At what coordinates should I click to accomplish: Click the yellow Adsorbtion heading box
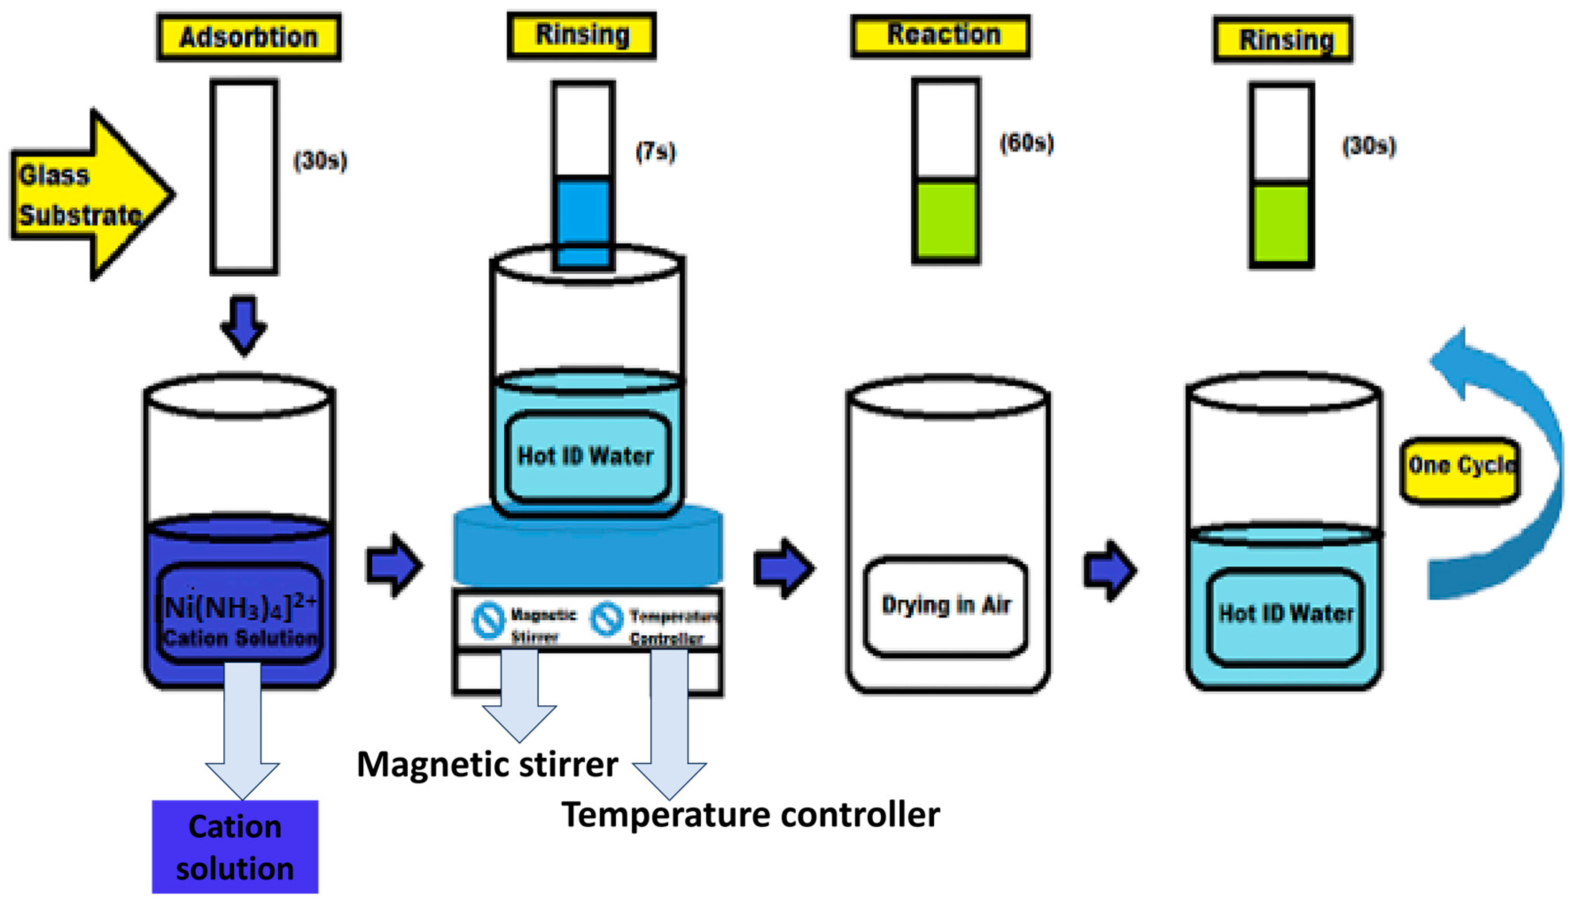[249, 38]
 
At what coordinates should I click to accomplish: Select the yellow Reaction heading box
[940, 36]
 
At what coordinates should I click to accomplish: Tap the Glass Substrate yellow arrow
[87, 194]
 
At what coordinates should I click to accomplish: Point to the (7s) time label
[655, 152]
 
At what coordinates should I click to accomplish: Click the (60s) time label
[1026, 143]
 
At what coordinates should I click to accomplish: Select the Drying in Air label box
[945, 606]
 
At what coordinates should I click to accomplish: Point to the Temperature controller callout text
[750, 814]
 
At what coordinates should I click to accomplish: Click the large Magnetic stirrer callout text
[487, 763]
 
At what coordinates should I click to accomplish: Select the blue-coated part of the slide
[583, 222]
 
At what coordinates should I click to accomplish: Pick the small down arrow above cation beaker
[244, 325]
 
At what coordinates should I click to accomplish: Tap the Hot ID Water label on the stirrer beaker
[586, 456]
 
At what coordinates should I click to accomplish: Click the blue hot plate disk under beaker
[587, 547]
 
